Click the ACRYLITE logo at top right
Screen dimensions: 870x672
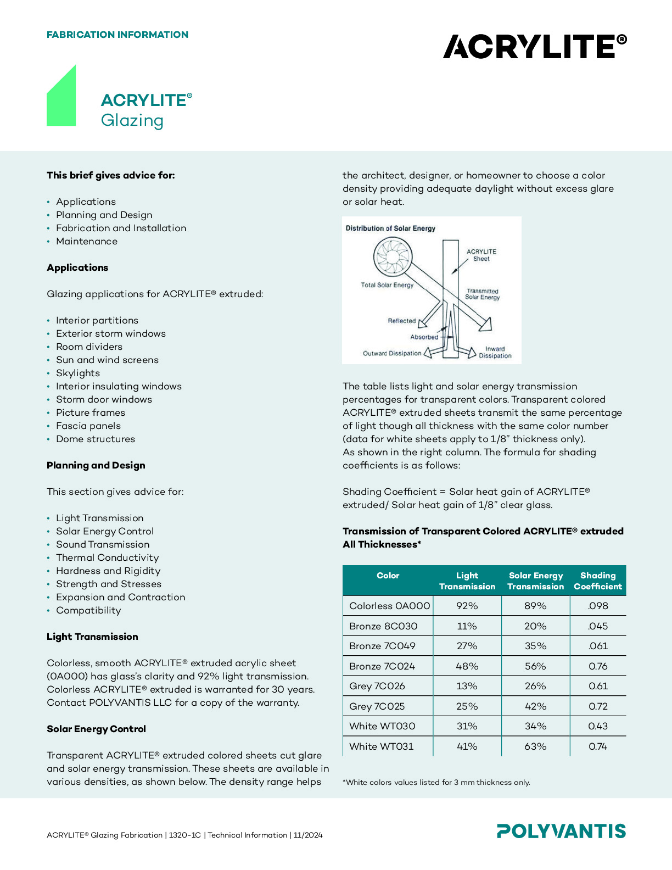coord(534,46)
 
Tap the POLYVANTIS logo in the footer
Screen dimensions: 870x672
coord(561,831)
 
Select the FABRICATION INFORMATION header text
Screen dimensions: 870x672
coord(117,35)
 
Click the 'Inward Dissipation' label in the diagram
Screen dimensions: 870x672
coord(495,352)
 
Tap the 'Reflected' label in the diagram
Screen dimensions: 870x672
coord(402,321)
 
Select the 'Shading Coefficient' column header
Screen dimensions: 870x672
coord(598,581)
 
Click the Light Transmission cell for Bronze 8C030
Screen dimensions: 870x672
coord(467,626)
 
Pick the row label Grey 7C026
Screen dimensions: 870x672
coord(377,686)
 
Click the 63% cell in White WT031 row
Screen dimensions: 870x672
coord(535,746)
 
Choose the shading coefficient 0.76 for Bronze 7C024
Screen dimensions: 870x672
coord(598,666)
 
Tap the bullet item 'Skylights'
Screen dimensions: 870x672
coord(78,373)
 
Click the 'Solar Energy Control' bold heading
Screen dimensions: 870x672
coord(96,729)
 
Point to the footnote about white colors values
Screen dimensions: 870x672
coord(436,782)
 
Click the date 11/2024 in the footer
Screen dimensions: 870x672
coord(308,835)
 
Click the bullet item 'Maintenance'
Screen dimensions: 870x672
coord(87,241)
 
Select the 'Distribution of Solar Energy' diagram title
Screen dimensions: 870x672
coord(390,228)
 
